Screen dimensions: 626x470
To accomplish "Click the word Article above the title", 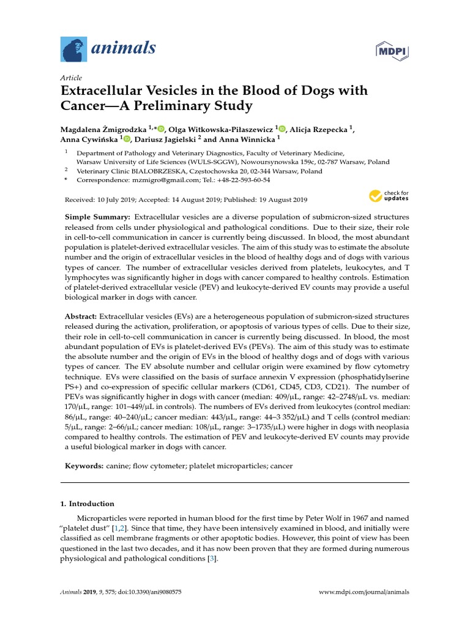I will click(72, 78).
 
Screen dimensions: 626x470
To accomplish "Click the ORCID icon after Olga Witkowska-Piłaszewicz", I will click(281, 128).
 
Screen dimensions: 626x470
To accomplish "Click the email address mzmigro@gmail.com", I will click(165, 180).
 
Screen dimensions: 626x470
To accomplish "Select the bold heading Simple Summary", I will click(97, 218).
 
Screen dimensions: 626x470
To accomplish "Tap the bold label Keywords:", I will click(84, 466).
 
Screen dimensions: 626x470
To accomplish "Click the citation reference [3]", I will click(211, 559).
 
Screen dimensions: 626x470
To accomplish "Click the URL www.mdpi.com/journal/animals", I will click(365, 592).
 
